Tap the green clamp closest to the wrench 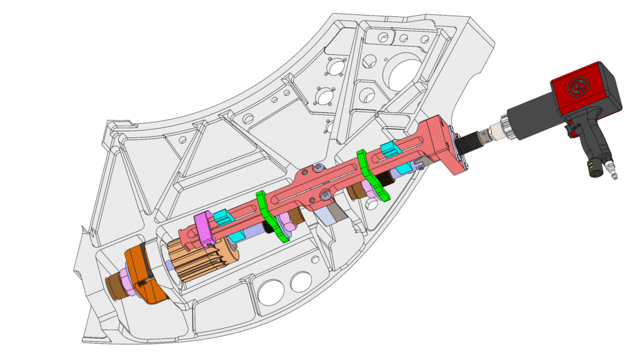[373, 174]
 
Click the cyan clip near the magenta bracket [222, 218]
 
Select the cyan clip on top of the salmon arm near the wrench [389, 149]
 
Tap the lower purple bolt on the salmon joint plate [326, 196]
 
